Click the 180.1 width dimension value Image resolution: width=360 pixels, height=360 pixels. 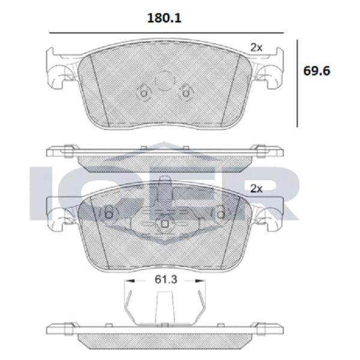pyautogui.click(x=164, y=18)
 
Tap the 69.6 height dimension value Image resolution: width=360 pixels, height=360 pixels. pyautogui.click(x=317, y=71)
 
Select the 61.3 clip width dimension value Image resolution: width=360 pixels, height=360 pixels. pyautogui.click(x=166, y=280)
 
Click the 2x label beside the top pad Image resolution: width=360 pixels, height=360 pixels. pyautogui.click(x=256, y=47)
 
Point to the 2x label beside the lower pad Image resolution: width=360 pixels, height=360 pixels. pyautogui.click(x=256, y=189)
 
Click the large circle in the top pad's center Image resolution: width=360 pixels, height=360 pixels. pyautogui.click(x=164, y=80)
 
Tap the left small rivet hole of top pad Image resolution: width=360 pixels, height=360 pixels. pyautogui.click(x=143, y=94)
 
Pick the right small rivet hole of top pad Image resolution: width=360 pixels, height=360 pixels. pyautogui.click(x=185, y=94)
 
